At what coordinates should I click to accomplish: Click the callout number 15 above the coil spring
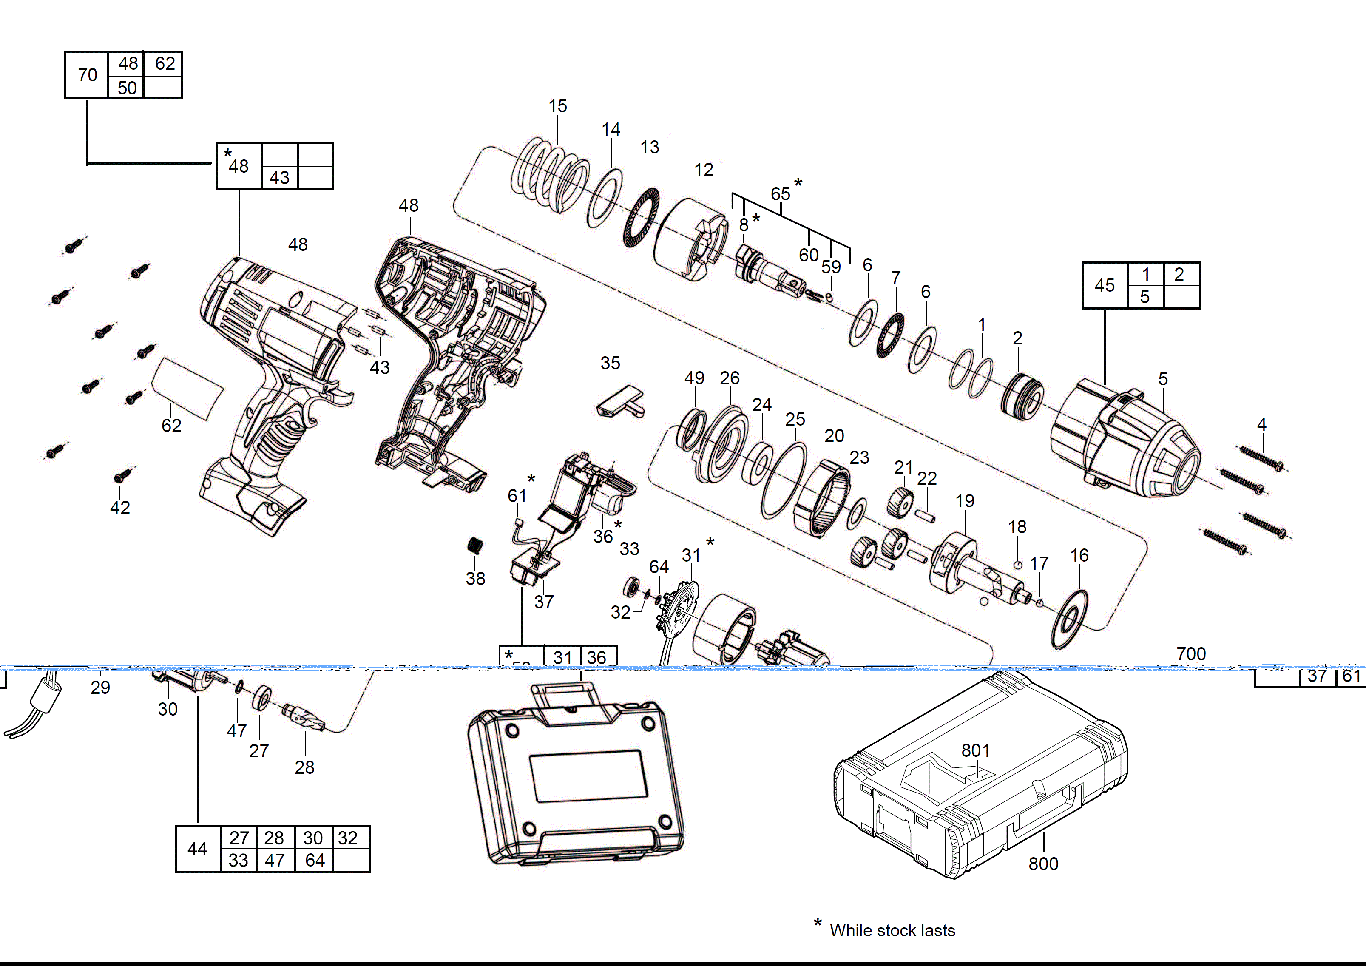tap(557, 106)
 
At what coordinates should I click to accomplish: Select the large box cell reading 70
tap(87, 75)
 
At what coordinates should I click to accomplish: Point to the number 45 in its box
tap(1104, 286)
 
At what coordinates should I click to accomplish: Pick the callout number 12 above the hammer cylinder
tap(703, 170)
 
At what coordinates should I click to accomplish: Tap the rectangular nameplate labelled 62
tap(188, 389)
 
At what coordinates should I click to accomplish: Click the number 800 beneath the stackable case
tap(1043, 864)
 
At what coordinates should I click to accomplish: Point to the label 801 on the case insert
tap(975, 751)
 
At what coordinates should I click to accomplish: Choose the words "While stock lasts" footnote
tap(892, 930)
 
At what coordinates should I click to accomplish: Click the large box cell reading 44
tap(198, 849)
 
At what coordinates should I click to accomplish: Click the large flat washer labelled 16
tap(1070, 620)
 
